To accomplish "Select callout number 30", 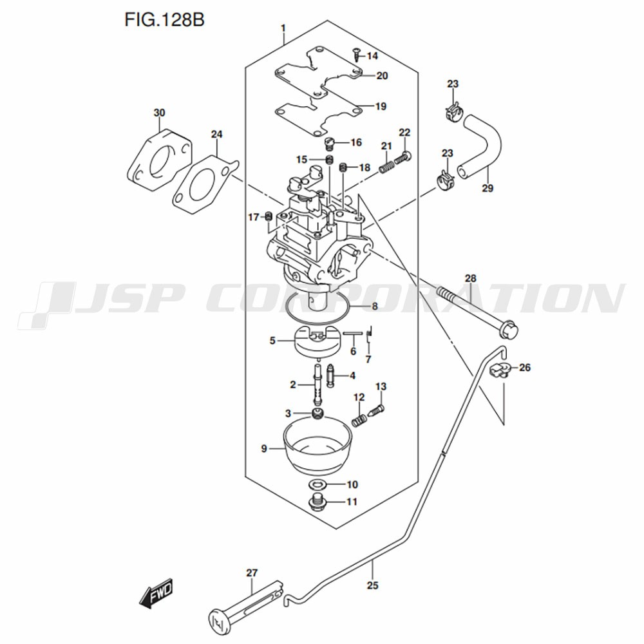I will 159,113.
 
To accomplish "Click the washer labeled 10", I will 317,484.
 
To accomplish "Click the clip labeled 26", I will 498,370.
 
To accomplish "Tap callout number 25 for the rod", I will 373,585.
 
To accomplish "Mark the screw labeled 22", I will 406,155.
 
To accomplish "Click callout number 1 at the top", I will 283,28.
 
